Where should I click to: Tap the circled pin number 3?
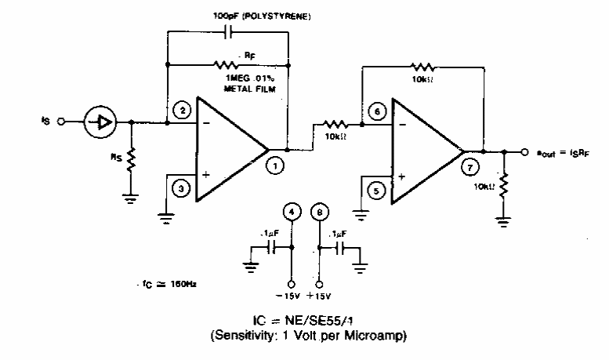(x=182, y=187)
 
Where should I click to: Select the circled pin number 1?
(x=275, y=165)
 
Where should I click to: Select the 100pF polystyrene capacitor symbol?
(x=227, y=32)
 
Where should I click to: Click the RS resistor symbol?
(x=132, y=159)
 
